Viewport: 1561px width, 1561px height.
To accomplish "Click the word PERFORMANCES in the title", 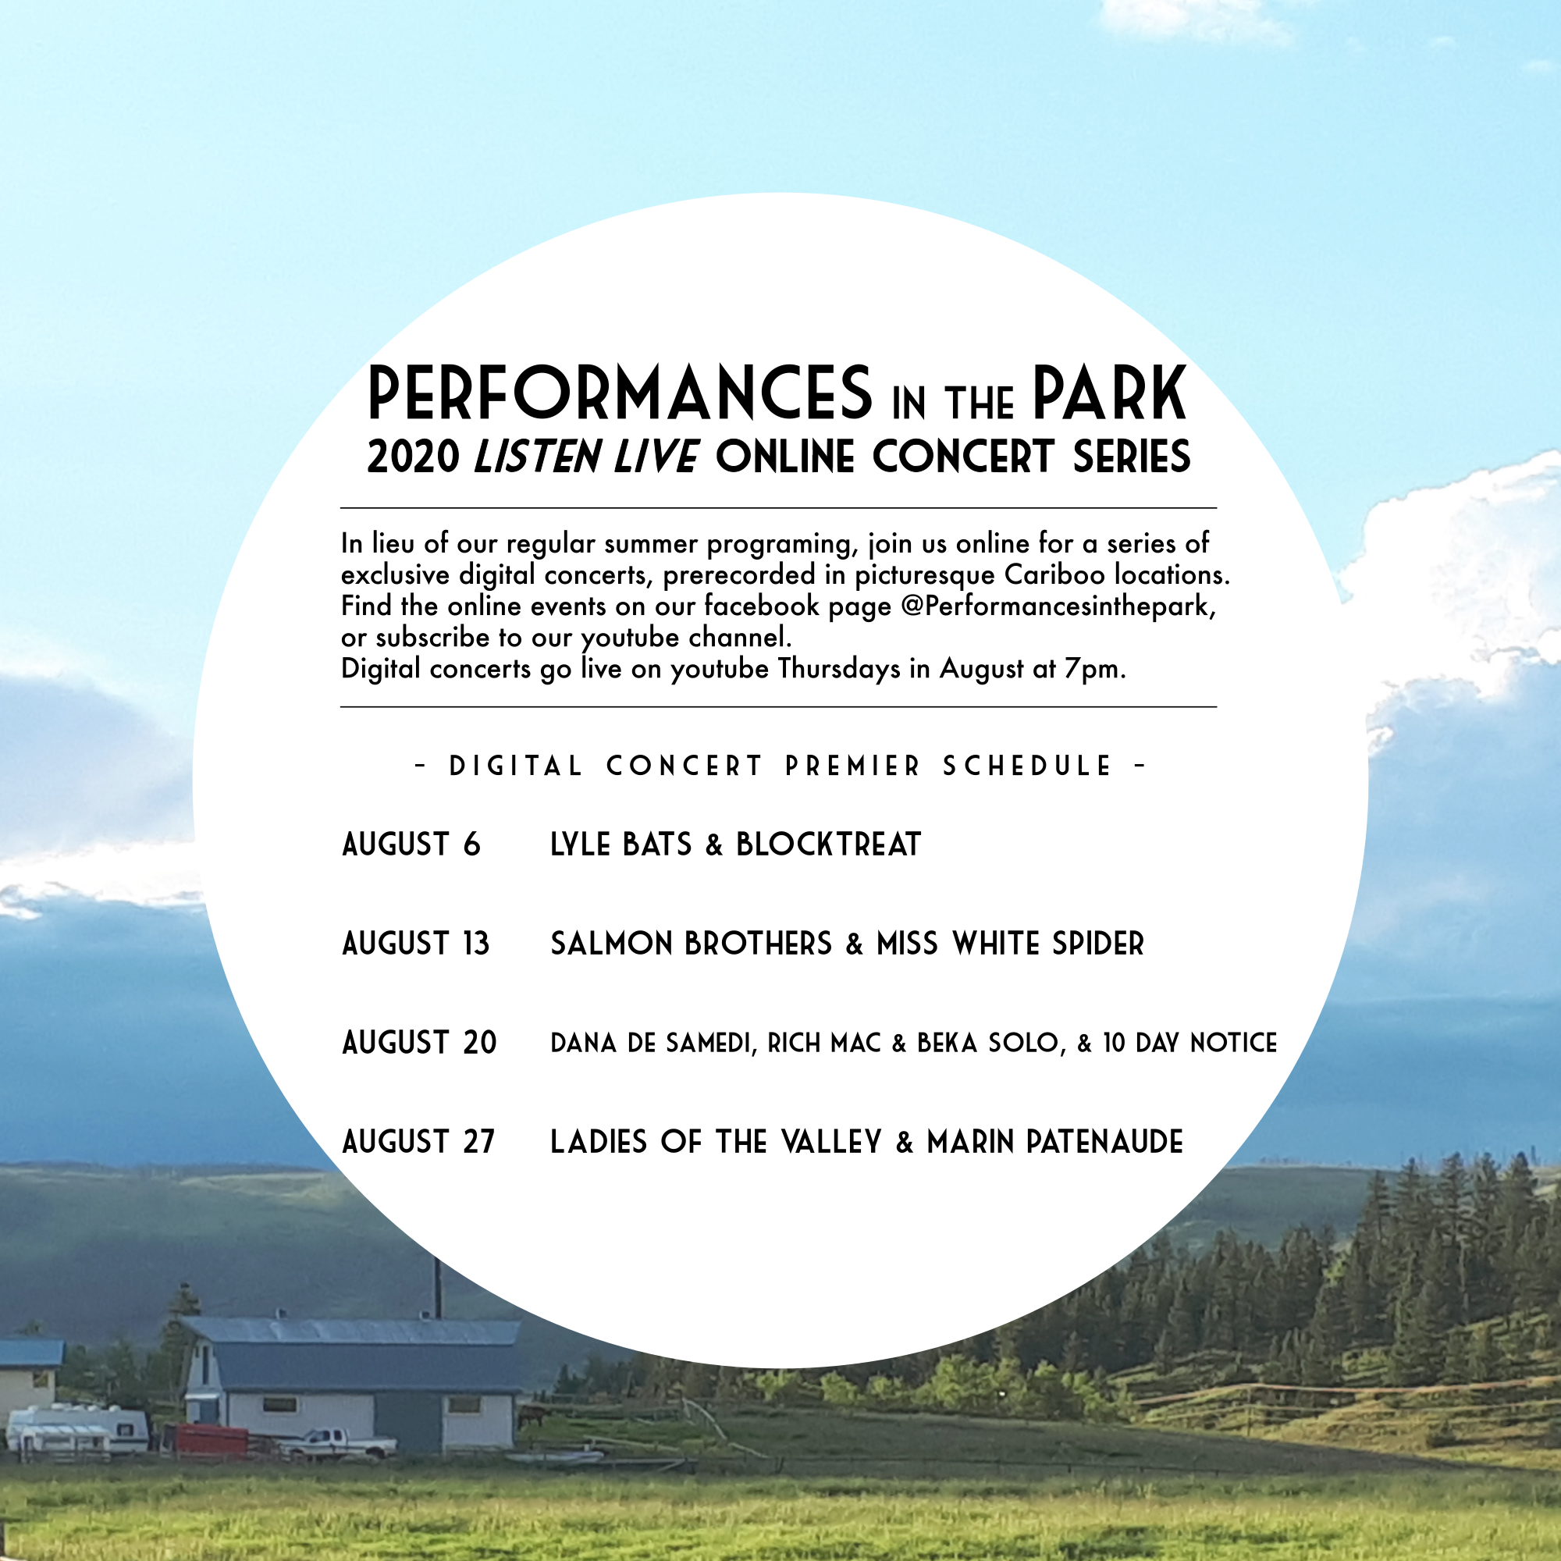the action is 620,393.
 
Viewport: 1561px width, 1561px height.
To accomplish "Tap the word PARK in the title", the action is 1109,393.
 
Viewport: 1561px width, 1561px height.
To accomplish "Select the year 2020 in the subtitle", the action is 413,457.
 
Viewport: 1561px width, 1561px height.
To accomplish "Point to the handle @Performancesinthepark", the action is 1058,606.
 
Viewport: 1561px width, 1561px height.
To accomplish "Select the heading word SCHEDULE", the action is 1028,766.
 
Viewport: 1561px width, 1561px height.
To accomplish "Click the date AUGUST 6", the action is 411,845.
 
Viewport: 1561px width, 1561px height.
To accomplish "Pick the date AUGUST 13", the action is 416,944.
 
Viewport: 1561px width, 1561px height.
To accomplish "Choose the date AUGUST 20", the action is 419,1043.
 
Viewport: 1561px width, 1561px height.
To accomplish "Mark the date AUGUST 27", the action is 418,1143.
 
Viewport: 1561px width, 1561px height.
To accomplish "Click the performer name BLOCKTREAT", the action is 828,845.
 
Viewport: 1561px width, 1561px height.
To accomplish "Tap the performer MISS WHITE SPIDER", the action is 1011,944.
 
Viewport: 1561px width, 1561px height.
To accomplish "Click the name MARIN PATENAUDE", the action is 1055,1143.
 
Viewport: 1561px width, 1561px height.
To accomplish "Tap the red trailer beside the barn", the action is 212,1441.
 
